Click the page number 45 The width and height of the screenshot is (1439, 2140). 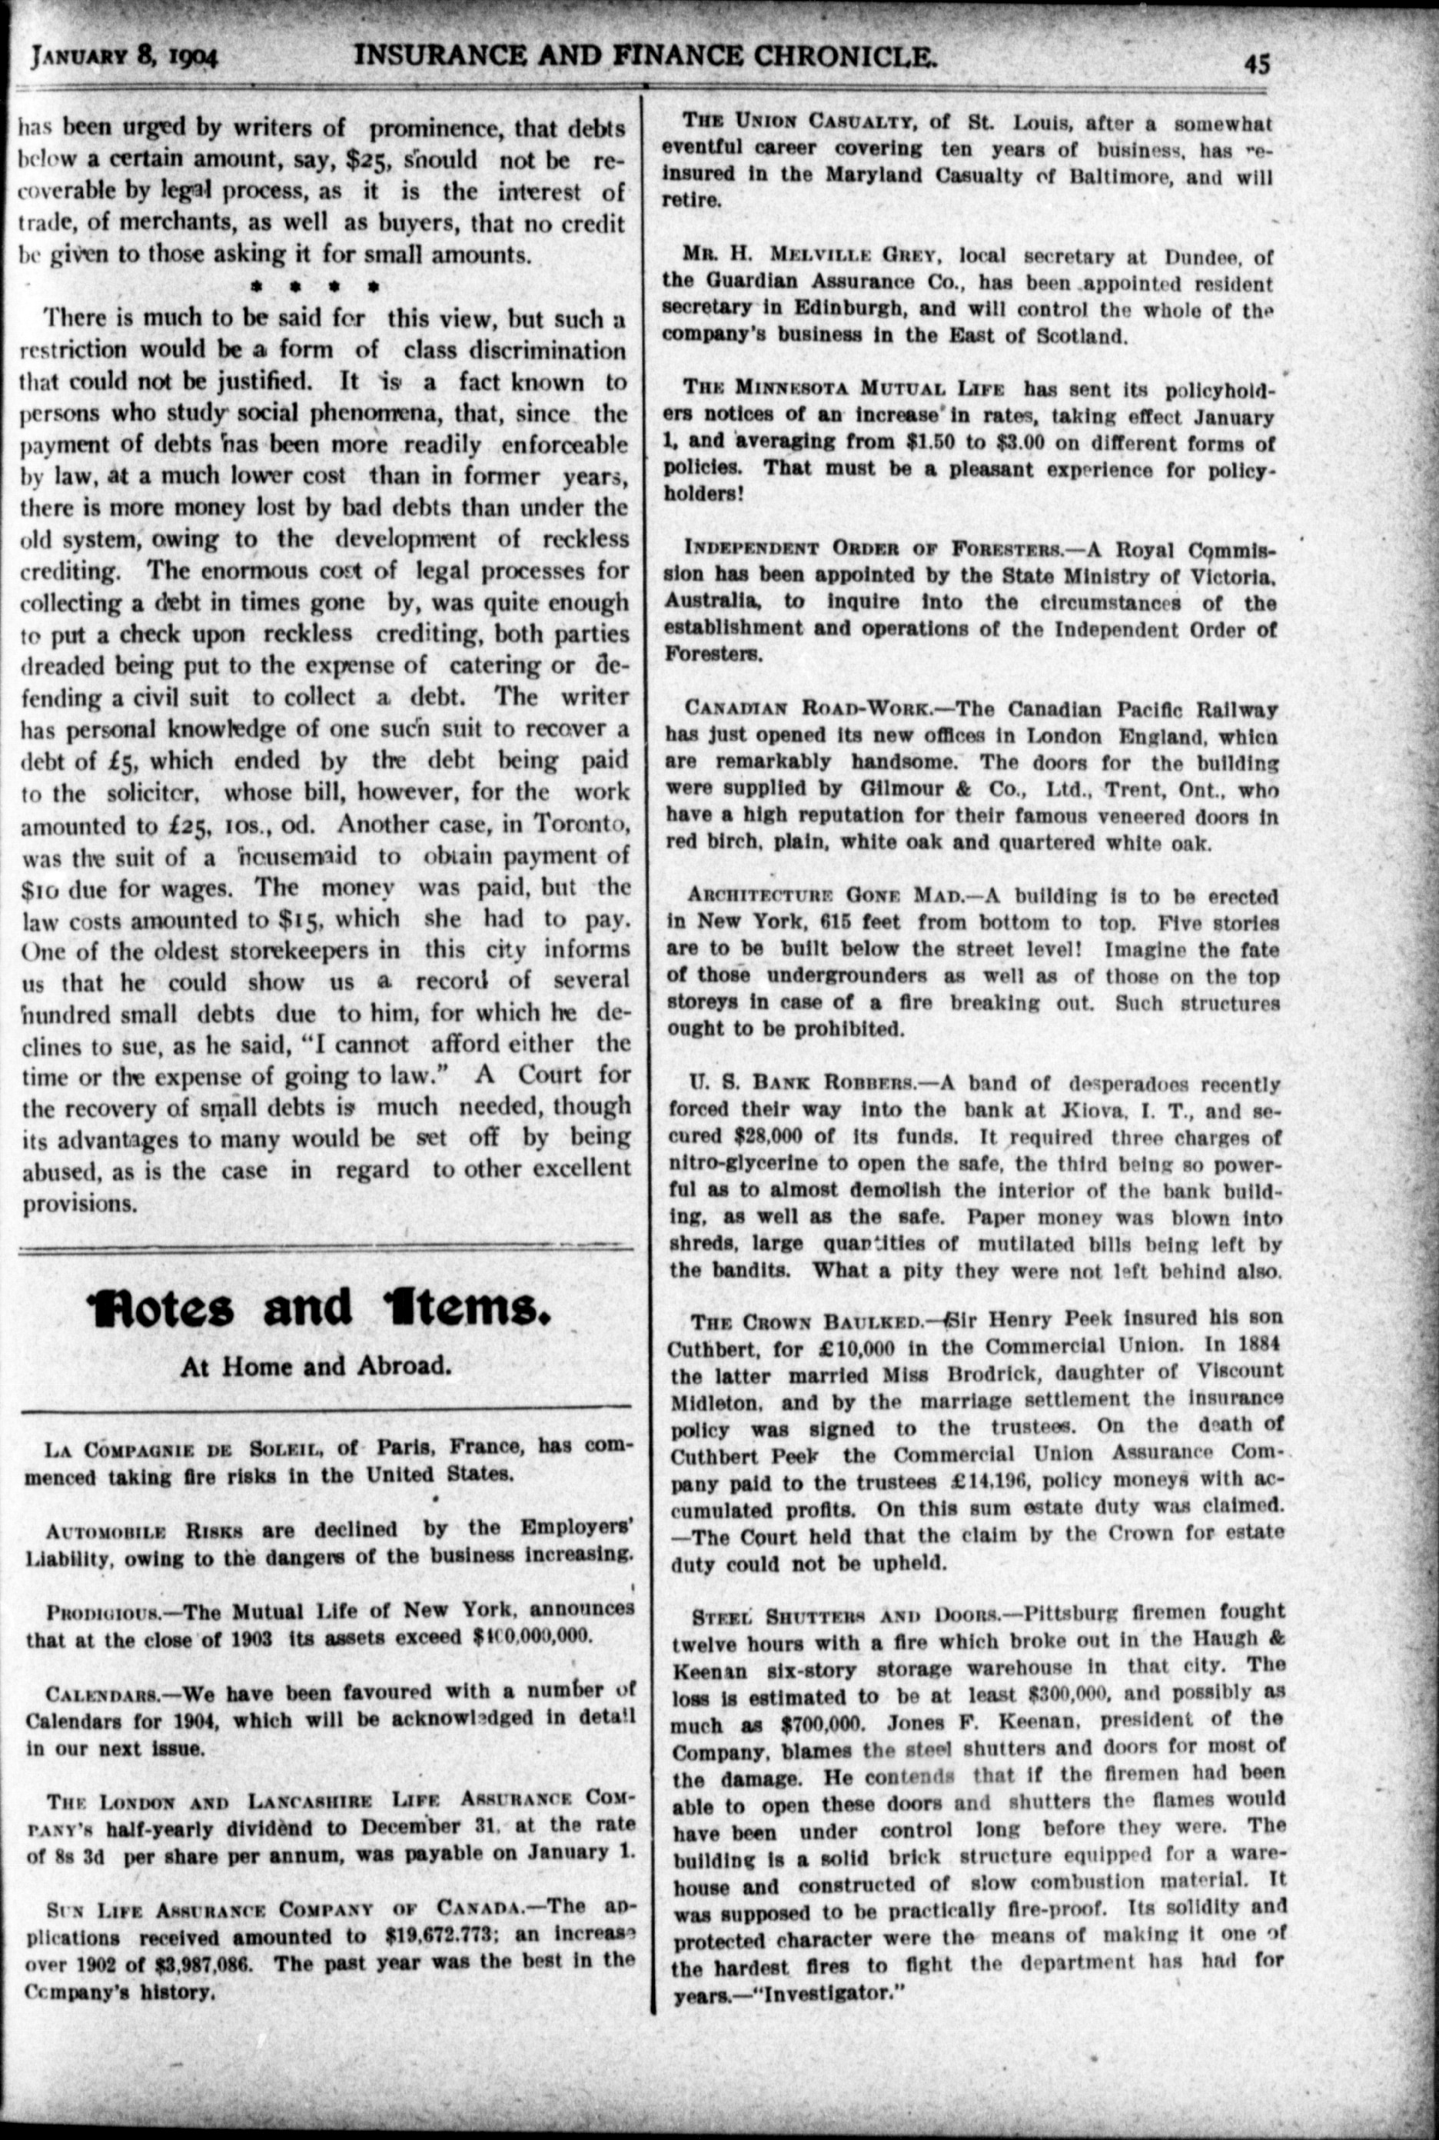(x=1256, y=65)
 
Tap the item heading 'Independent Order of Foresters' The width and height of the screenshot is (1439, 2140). (x=875, y=549)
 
